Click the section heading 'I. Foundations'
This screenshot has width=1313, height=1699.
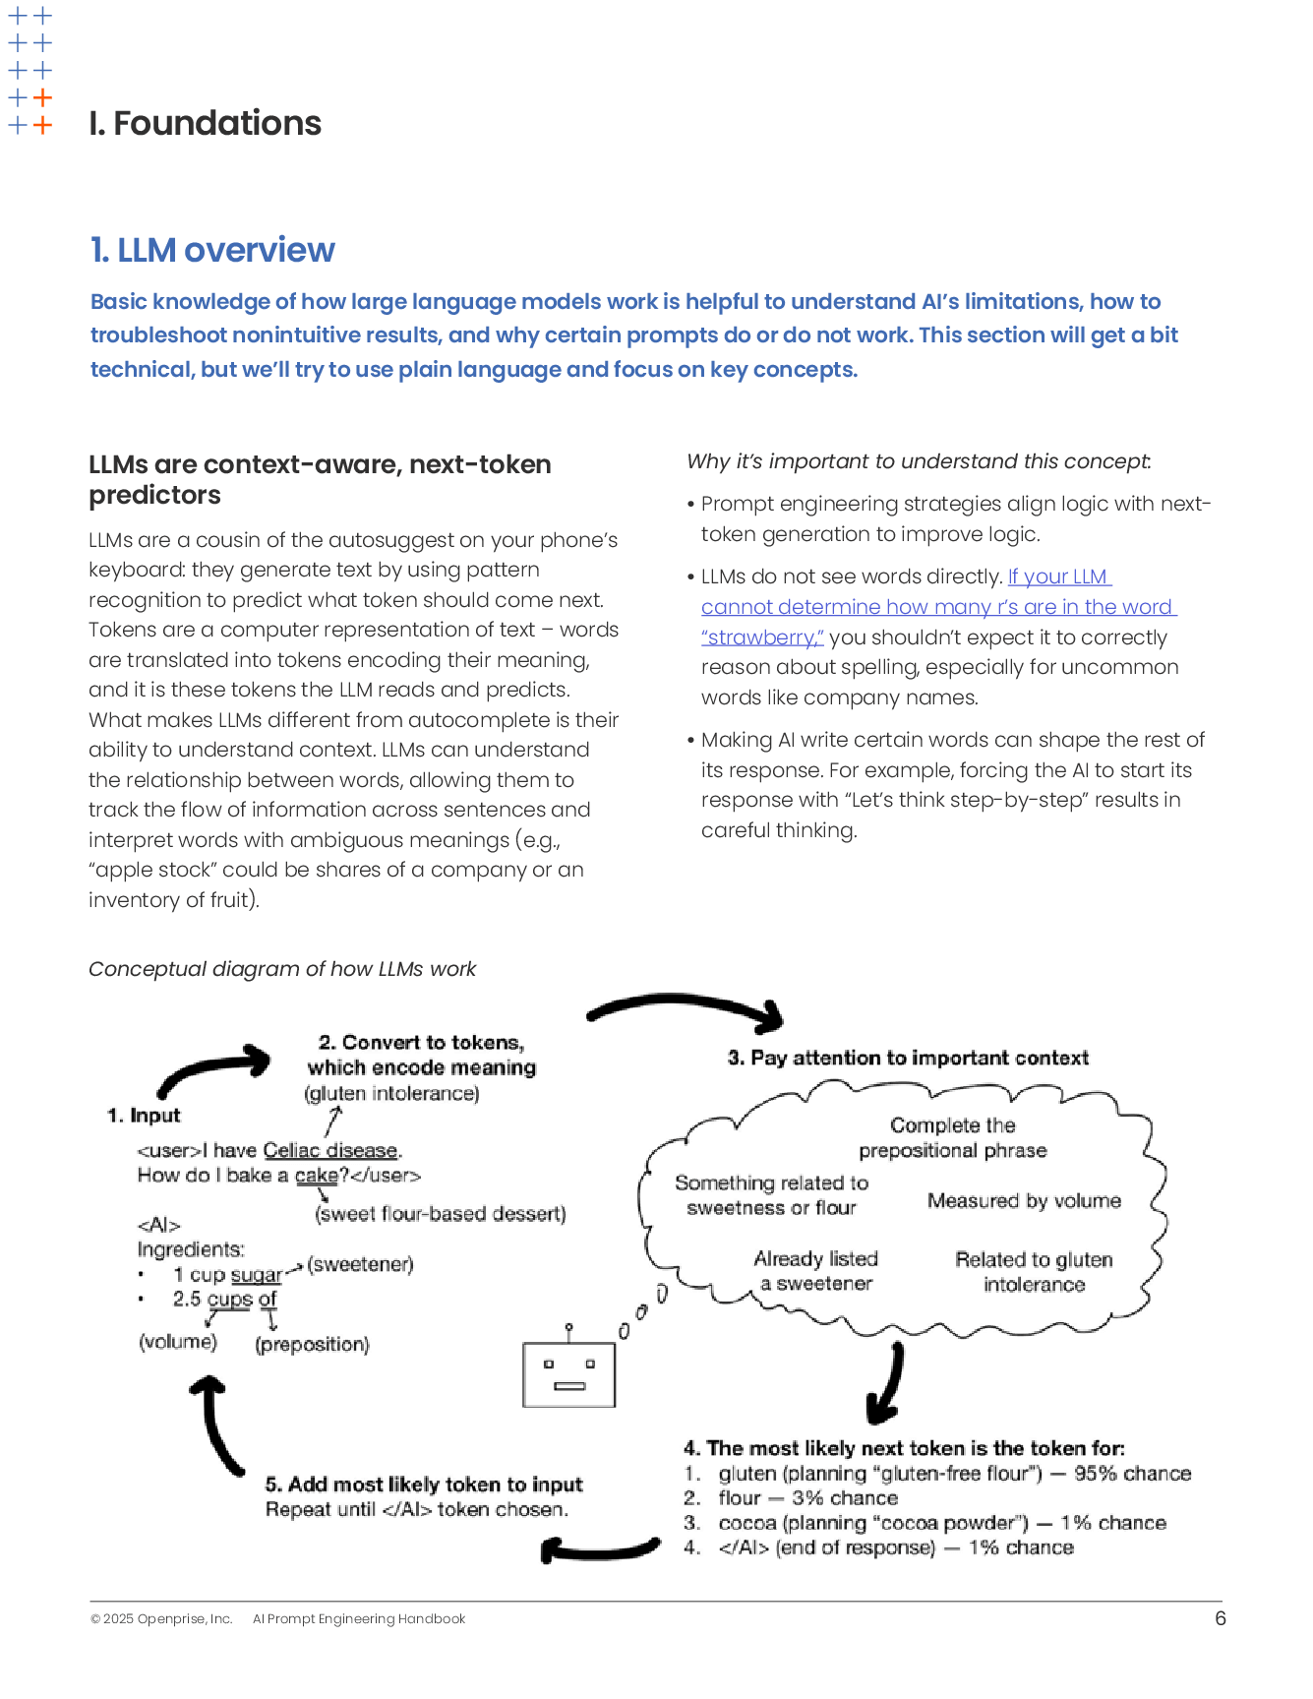pyautogui.click(x=205, y=123)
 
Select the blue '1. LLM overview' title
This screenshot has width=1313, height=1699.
pyautogui.click(x=212, y=250)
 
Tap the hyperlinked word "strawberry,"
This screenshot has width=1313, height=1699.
pyautogui.click(x=762, y=637)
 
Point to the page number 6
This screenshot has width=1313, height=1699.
pyautogui.click(x=1221, y=1618)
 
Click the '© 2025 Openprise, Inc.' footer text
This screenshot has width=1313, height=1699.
pyautogui.click(x=161, y=1619)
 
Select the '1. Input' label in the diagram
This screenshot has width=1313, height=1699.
pyautogui.click(x=144, y=1116)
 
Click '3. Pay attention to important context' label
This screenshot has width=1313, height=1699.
pyautogui.click(x=908, y=1058)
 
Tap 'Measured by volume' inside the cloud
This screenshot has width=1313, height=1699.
pyautogui.click(x=1024, y=1200)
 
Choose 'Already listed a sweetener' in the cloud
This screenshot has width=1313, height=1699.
pyautogui.click(x=816, y=1271)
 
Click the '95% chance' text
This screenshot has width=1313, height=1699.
pyautogui.click(x=1132, y=1473)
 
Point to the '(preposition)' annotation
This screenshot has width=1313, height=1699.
pyautogui.click(x=313, y=1344)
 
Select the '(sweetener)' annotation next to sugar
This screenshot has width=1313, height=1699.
pyautogui.click(x=360, y=1263)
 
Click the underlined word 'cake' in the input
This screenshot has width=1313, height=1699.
pyautogui.click(x=317, y=1175)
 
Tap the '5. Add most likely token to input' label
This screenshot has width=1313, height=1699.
pyautogui.click(x=424, y=1484)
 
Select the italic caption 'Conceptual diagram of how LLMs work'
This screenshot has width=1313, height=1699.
pyautogui.click(x=282, y=969)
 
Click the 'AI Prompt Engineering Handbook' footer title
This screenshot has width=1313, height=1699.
pyautogui.click(x=359, y=1619)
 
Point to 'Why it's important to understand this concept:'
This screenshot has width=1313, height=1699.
pyautogui.click(x=919, y=461)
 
